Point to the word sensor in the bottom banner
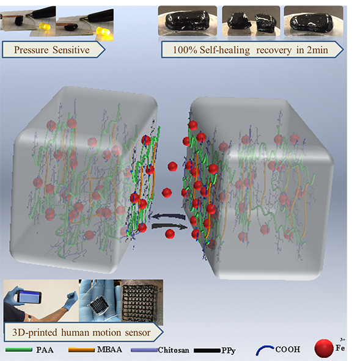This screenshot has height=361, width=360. point(138,333)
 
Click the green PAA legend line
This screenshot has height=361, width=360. point(19,350)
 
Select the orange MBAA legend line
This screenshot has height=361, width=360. point(81,350)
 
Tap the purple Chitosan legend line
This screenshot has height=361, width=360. point(144,350)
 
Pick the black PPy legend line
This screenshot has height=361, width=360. point(207,351)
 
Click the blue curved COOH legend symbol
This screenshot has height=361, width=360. point(265,349)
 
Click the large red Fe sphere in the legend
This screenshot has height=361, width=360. point(324,349)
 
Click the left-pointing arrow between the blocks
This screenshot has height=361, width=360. point(169,217)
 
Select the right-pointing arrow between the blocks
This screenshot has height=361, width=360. point(169,227)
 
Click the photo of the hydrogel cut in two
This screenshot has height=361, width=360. point(251,21)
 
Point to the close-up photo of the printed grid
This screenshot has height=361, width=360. point(142,301)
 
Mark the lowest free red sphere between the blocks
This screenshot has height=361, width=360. point(170,234)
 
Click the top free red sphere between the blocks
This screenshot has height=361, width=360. point(172,167)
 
